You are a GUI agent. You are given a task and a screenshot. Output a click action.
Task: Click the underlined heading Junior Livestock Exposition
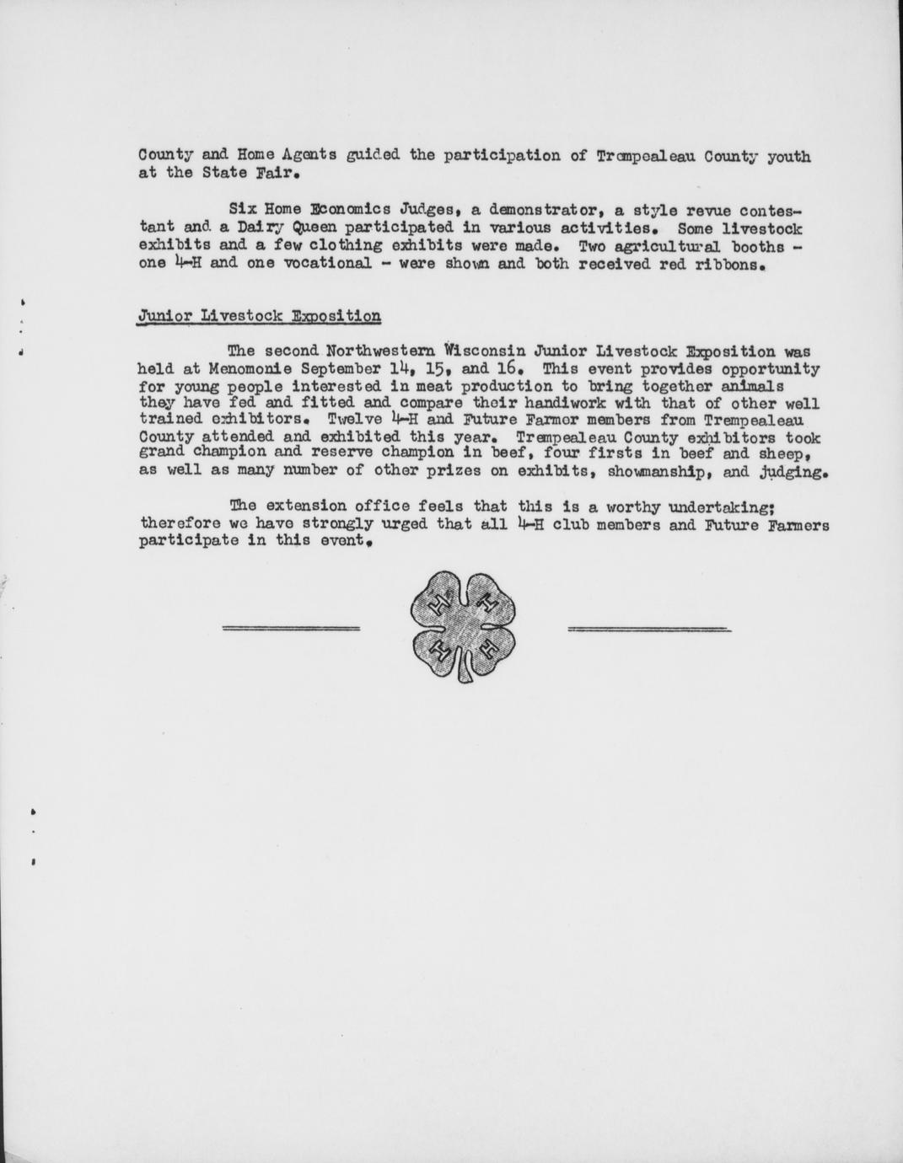259,316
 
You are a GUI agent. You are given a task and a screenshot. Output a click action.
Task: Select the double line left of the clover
291,628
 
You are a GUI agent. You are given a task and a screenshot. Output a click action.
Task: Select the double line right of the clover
649,629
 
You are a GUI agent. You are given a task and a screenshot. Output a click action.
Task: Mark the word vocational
323,263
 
